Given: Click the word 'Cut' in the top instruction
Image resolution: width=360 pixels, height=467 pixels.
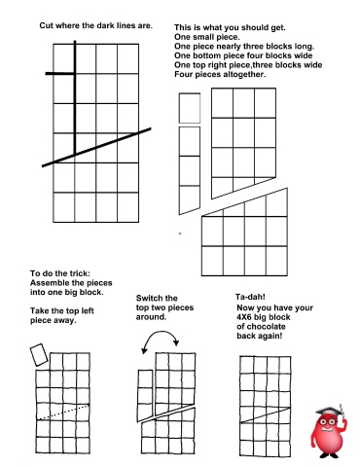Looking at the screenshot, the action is click(47, 25).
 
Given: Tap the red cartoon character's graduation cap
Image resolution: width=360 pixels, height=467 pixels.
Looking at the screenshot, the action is click(329, 411).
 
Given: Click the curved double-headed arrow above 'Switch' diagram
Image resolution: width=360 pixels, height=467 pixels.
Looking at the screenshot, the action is click(161, 341).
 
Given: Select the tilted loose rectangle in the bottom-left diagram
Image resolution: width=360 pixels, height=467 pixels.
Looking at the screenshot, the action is click(39, 355).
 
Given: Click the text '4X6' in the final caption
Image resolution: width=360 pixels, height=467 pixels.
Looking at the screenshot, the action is click(244, 317).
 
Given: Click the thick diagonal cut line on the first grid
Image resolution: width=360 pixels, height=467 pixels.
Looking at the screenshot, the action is click(96, 148).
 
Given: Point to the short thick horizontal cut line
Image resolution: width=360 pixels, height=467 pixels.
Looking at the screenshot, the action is click(60, 74).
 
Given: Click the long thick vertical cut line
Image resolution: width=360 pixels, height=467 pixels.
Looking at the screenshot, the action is click(75, 97).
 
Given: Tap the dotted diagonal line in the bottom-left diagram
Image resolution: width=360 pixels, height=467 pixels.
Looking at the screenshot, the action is click(63, 412).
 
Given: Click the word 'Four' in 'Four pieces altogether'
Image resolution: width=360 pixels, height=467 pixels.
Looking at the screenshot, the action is click(182, 74).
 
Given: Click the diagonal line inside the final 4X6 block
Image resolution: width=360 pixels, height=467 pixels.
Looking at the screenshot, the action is click(266, 415).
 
